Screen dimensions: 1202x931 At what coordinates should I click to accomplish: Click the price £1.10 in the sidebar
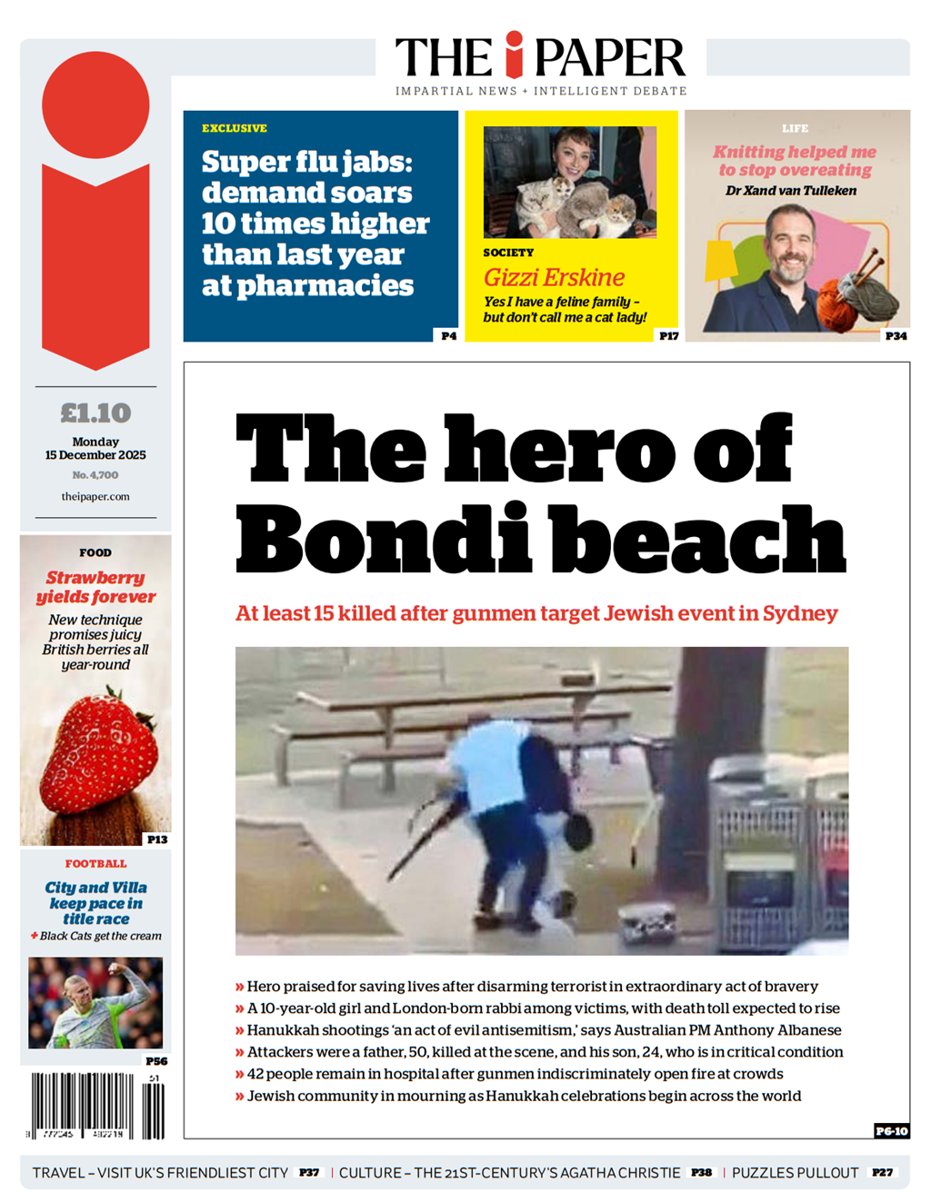point(95,413)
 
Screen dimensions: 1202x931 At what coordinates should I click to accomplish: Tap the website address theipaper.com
point(95,497)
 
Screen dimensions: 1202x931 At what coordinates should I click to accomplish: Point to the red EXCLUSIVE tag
point(235,129)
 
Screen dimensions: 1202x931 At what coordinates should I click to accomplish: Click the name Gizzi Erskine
point(554,278)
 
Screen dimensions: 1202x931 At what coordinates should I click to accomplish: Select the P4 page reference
point(448,336)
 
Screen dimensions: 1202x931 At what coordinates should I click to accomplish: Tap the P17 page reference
point(668,336)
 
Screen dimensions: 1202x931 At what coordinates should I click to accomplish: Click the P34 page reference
point(896,336)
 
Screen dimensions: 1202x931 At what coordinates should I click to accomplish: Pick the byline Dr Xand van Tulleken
point(791,191)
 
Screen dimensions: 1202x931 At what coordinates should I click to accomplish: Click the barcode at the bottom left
point(95,1106)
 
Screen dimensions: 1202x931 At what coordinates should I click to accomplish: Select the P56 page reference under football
point(156,1061)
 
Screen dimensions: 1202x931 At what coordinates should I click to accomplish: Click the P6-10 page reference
point(891,1131)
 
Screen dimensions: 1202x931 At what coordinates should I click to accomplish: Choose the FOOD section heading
point(95,552)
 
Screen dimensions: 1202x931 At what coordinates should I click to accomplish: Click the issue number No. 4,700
point(95,475)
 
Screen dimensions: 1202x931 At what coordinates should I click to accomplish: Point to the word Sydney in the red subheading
point(800,614)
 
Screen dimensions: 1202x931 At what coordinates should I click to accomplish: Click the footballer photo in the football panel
point(95,1002)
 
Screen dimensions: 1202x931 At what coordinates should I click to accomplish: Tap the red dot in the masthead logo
point(515,40)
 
